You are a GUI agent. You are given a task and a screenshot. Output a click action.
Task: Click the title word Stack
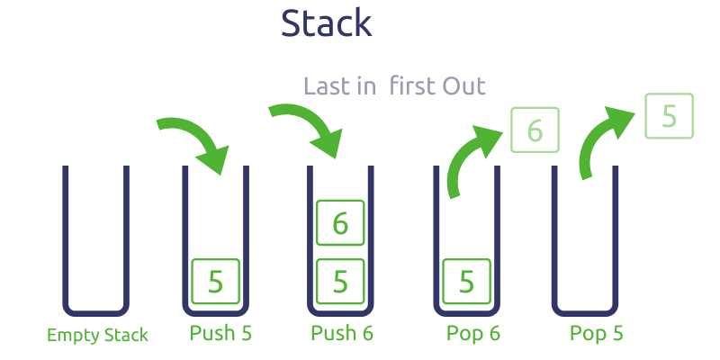pyautogui.click(x=326, y=23)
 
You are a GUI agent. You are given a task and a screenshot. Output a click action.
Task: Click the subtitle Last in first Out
pyautogui.click(x=394, y=86)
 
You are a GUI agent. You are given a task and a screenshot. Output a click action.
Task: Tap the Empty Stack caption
pyautogui.click(x=97, y=336)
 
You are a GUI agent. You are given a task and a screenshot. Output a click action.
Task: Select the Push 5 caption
pyautogui.click(x=220, y=334)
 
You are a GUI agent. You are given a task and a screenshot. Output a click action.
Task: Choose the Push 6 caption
pyautogui.click(x=342, y=334)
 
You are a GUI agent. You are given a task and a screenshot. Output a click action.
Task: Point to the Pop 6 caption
pyautogui.click(x=473, y=334)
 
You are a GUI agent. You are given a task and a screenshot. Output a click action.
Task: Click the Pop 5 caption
pyautogui.click(x=596, y=334)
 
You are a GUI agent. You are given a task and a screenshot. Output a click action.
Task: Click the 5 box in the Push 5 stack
pyautogui.click(x=215, y=282)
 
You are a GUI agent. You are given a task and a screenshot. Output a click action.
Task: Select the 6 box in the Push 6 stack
pyautogui.click(x=340, y=223)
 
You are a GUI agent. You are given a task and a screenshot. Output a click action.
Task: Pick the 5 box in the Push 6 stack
pyautogui.click(x=340, y=282)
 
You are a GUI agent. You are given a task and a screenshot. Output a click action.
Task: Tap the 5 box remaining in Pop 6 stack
pyautogui.click(x=466, y=282)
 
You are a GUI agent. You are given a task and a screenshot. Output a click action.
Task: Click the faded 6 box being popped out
pyautogui.click(x=535, y=130)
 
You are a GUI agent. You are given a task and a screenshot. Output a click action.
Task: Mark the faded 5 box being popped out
pyautogui.click(x=670, y=116)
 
